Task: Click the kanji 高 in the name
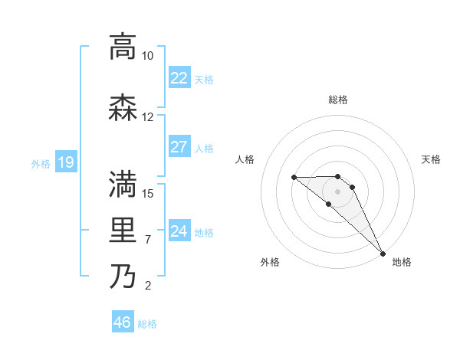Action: point(123,46)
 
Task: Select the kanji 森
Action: point(123,108)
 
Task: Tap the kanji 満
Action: point(123,185)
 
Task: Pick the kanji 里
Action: point(123,231)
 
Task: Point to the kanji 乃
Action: point(123,277)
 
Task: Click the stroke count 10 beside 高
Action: point(147,56)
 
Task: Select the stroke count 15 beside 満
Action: point(148,193)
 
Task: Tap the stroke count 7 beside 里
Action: point(147,240)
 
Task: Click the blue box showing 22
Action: point(179,78)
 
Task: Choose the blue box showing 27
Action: point(179,147)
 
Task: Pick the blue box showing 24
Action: point(179,231)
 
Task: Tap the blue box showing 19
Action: point(66,162)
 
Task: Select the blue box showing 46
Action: point(123,323)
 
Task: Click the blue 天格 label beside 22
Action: point(204,79)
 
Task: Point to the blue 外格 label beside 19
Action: point(41,163)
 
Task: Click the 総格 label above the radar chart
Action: point(338,100)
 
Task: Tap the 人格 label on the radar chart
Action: point(245,159)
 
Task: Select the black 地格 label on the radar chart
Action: point(402,262)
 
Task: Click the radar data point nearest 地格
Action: point(381,253)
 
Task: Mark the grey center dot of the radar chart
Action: point(338,191)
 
